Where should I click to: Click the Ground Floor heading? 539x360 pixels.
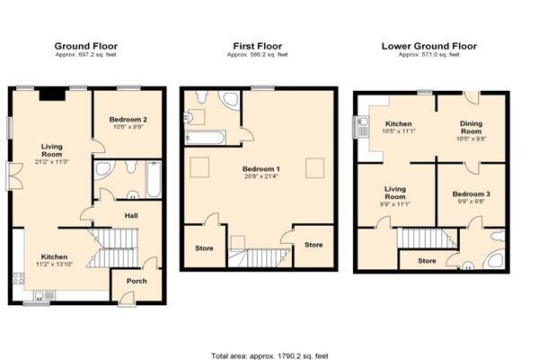86,46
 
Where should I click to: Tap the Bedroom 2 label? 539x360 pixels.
128,120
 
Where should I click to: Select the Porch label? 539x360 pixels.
137,281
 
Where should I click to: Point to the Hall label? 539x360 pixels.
131,216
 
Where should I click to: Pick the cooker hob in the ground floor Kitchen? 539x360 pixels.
18,278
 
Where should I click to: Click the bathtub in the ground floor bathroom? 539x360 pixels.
154,179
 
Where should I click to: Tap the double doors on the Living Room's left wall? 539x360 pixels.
14,176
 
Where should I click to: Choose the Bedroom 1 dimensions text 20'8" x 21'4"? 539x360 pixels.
261,176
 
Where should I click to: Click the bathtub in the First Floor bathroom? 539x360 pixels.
205,138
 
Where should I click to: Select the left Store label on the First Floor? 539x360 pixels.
204,248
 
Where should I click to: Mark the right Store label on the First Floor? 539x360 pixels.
314,245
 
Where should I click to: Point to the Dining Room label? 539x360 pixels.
472,128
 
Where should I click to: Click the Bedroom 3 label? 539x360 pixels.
471,194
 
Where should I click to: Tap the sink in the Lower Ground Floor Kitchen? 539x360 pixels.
363,125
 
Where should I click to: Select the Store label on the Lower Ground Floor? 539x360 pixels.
427,261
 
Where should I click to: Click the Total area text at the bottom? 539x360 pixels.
269,355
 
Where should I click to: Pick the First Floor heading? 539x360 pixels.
258,46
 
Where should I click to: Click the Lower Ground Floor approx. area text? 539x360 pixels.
429,55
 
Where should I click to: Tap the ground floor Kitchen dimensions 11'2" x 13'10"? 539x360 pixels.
54,265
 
